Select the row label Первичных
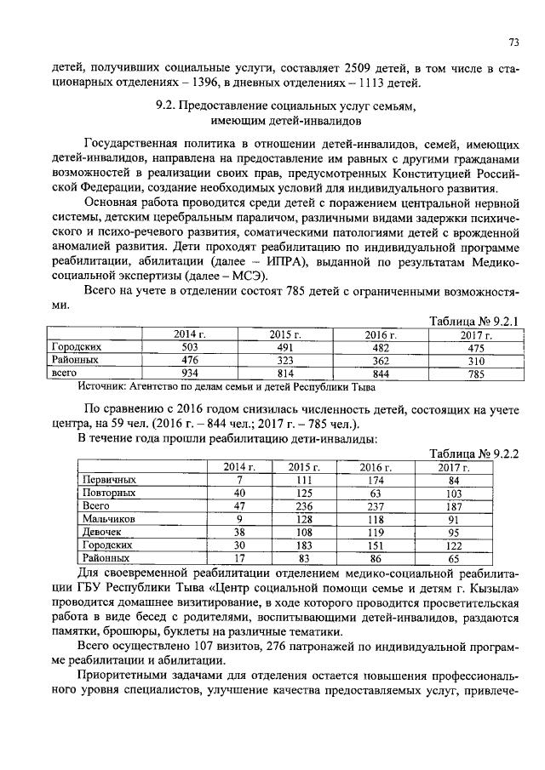pos(109,480)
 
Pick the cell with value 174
pos(370,480)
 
